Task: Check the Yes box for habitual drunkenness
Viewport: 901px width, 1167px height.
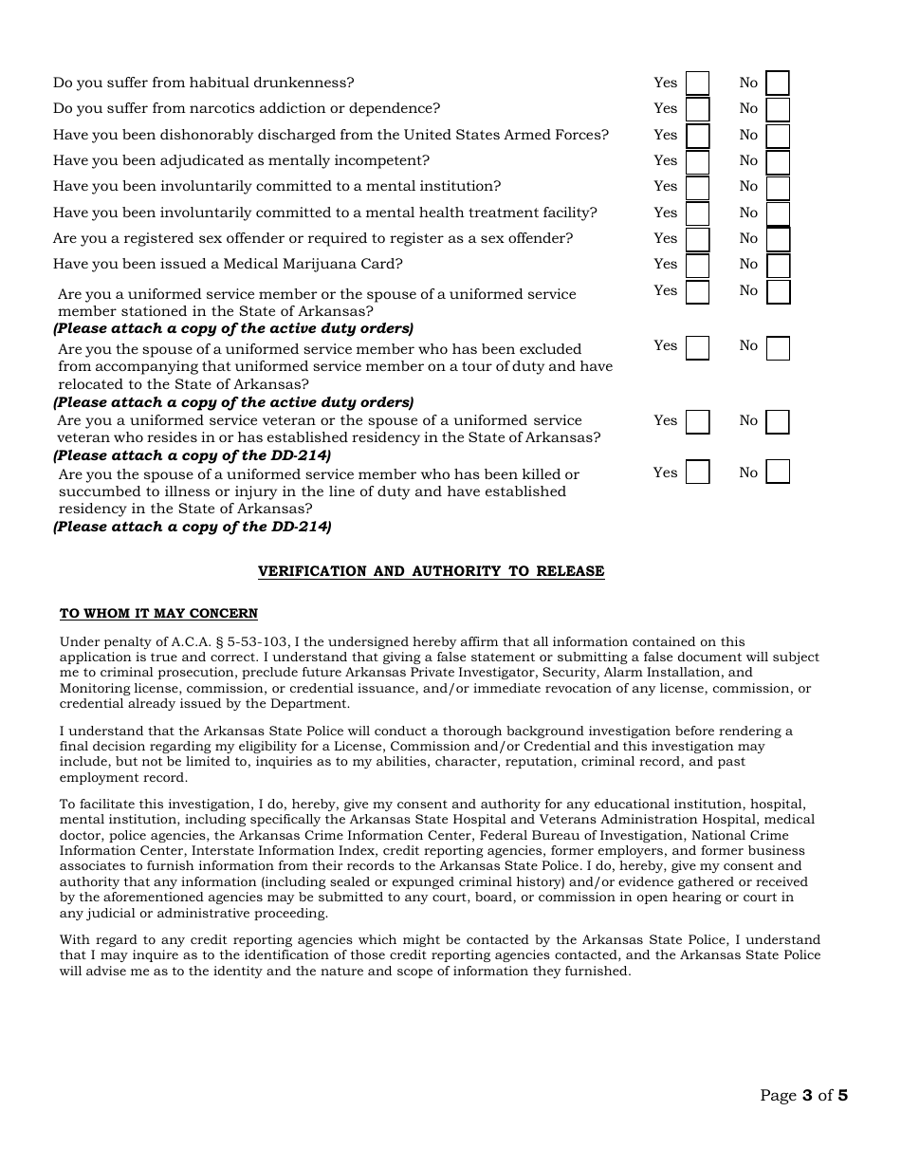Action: coord(697,83)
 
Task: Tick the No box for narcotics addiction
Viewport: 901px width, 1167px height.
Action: coord(778,110)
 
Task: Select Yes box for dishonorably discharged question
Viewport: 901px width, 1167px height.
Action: coord(697,136)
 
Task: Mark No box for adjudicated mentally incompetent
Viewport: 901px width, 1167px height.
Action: coord(778,162)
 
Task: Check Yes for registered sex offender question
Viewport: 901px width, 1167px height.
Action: coord(697,239)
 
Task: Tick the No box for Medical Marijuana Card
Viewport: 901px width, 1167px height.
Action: coord(778,266)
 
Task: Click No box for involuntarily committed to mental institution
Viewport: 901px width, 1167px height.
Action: coord(778,188)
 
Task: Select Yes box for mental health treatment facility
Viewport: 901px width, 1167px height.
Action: coord(697,213)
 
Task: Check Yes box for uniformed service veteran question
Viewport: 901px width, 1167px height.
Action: coord(697,421)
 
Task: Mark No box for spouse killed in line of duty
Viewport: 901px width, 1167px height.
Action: coord(778,472)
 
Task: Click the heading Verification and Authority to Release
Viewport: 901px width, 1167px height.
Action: coord(431,571)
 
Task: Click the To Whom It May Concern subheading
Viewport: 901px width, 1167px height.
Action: coord(158,614)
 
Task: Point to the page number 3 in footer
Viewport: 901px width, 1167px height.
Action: coord(807,1096)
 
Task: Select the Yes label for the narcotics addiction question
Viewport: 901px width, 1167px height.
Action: coord(665,108)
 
